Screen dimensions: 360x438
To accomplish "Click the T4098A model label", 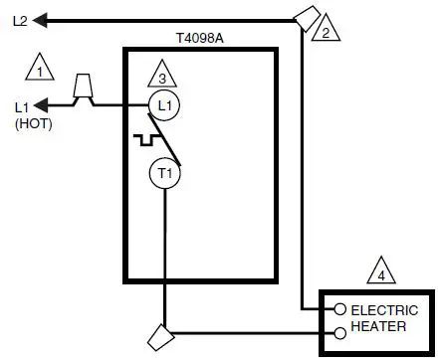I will [x=198, y=37].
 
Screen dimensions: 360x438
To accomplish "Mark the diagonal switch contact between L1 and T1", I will [x=173, y=143].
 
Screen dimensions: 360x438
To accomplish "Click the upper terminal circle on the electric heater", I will [x=338, y=310].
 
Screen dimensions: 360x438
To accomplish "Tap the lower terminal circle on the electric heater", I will [x=338, y=333].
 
